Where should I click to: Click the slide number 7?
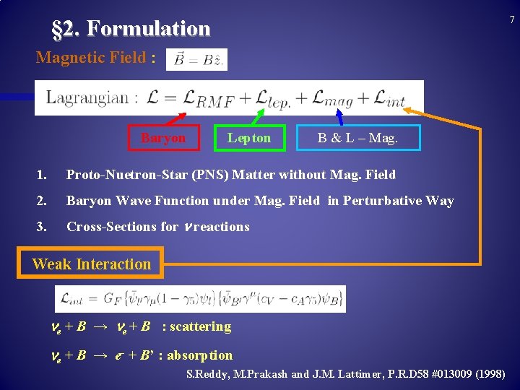pos(511,19)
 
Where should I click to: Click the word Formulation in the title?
pos(148,29)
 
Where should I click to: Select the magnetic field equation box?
pos(196,60)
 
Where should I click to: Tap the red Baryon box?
pos(163,138)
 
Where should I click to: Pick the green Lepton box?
pos(249,138)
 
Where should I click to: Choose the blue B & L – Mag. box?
pos(357,138)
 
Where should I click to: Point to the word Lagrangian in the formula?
pos(87,97)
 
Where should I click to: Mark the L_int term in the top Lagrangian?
pos(390,99)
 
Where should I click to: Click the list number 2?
pos(43,201)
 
